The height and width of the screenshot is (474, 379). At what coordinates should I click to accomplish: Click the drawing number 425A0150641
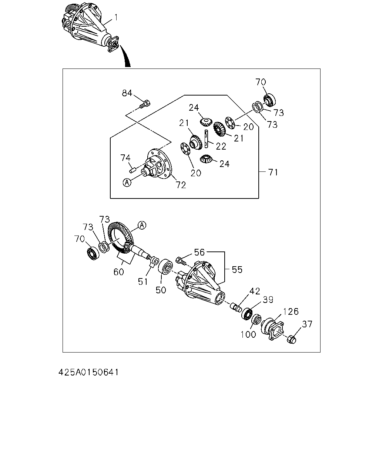(88, 373)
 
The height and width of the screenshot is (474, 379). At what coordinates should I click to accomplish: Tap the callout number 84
(127, 93)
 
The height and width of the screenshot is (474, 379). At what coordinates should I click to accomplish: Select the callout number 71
(273, 172)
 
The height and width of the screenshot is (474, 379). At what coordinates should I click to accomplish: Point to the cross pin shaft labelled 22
(207, 139)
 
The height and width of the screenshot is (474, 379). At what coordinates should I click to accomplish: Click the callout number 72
(181, 185)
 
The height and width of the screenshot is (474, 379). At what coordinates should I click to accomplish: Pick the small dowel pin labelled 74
(132, 170)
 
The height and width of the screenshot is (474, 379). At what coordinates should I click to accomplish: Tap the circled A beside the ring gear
(142, 225)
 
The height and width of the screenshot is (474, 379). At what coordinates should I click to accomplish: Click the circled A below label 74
(127, 182)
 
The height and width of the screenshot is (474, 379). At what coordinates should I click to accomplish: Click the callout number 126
(291, 312)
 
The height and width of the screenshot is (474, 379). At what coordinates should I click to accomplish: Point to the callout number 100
(248, 334)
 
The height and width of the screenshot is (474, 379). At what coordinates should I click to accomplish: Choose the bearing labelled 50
(165, 267)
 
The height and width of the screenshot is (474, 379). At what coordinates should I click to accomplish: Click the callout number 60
(119, 272)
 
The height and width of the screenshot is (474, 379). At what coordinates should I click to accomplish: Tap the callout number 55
(237, 270)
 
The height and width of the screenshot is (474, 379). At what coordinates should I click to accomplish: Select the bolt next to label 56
(181, 261)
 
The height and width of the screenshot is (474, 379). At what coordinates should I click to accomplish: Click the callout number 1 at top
(116, 17)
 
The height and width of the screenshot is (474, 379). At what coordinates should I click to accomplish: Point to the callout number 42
(255, 291)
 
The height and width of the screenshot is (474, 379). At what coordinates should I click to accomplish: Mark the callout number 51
(143, 281)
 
